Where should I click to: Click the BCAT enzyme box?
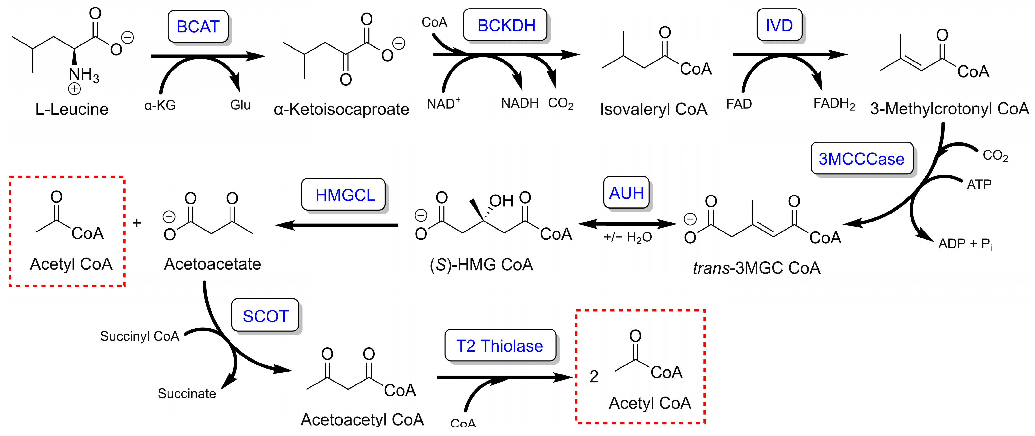198,27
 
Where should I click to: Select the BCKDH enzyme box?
506,25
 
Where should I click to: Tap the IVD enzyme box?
779,25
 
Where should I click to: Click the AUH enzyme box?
626,193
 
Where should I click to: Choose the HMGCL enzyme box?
344,195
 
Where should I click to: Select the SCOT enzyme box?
265,316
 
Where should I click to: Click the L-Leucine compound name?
72,109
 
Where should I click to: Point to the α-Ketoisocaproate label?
341,109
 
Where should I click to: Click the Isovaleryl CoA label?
653,109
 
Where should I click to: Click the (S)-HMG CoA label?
481,265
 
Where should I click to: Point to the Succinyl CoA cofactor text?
139,336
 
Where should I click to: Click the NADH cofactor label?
520,103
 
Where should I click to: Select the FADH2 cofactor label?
834,104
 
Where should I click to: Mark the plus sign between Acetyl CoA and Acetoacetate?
137,223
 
